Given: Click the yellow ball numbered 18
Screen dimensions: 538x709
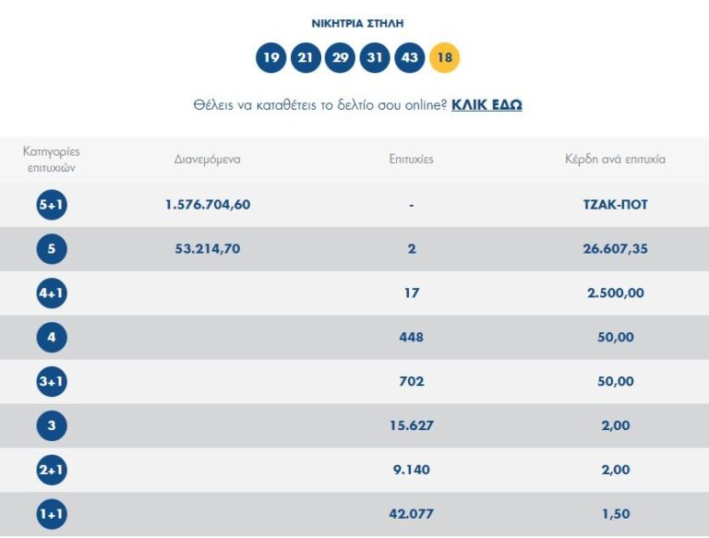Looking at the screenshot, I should (444, 58).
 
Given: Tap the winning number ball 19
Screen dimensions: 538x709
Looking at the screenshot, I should (270, 58).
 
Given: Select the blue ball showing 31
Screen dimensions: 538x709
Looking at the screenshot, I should (375, 58).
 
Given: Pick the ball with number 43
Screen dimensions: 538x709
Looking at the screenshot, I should (410, 58).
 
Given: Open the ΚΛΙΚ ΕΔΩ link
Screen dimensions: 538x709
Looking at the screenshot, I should (487, 105).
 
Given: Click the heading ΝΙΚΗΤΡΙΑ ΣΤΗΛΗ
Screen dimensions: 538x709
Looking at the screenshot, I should (357, 23).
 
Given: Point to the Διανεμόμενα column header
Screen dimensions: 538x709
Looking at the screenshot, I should (208, 159).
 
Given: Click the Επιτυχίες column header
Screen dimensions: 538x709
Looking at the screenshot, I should (412, 159).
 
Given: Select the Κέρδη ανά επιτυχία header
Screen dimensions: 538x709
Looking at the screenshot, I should (615, 159).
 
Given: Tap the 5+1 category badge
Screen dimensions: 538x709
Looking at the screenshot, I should (52, 205).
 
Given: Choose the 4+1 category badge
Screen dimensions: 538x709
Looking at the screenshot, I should (52, 293).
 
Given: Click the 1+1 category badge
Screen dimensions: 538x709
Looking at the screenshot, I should (52, 515).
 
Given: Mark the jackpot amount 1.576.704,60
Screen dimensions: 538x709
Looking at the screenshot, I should (208, 205).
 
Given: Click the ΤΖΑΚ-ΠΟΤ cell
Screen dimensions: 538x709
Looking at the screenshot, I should (615, 205).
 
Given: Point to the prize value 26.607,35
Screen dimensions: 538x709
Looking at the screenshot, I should (615, 249).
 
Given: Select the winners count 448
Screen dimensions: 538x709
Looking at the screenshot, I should (412, 338).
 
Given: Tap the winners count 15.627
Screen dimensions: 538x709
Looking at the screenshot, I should (412, 426).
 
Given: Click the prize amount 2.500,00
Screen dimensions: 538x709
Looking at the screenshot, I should (615, 293).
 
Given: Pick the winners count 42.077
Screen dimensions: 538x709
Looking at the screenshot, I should (412, 515).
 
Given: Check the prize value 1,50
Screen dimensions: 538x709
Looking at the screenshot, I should (615, 515).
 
